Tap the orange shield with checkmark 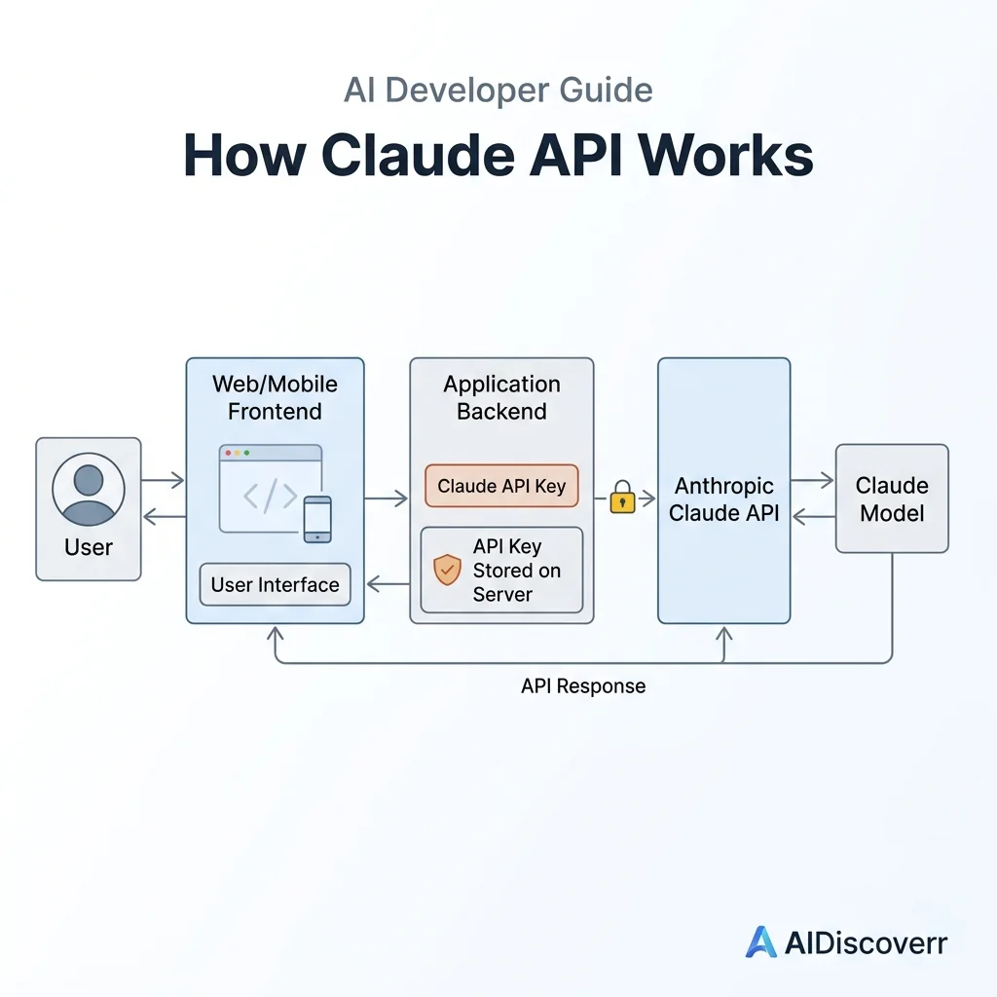pos(447,569)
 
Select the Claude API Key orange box pos(501,486)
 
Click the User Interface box pos(275,584)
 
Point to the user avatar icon pos(89,489)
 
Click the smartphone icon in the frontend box pos(317,520)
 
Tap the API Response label pos(583,686)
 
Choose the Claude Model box pos(892,498)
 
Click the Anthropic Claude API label pos(724,499)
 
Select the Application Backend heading pos(501,397)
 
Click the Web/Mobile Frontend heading pos(275,397)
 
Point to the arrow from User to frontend pos(163,480)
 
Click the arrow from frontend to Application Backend pos(386,498)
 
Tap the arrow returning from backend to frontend pos(388,584)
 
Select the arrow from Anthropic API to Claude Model pos(812,480)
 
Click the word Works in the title pos(725,155)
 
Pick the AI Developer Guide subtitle pos(498,90)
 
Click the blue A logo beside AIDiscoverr pos(761,942)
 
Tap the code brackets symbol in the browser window pos(271,496)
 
